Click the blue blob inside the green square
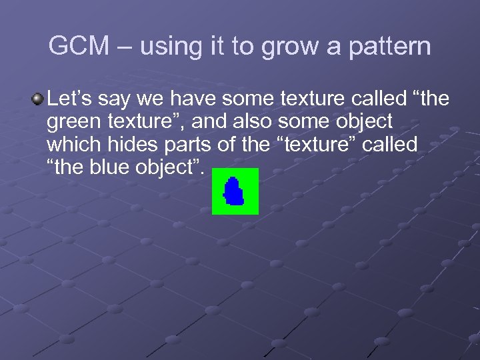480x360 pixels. coord(234,192)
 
